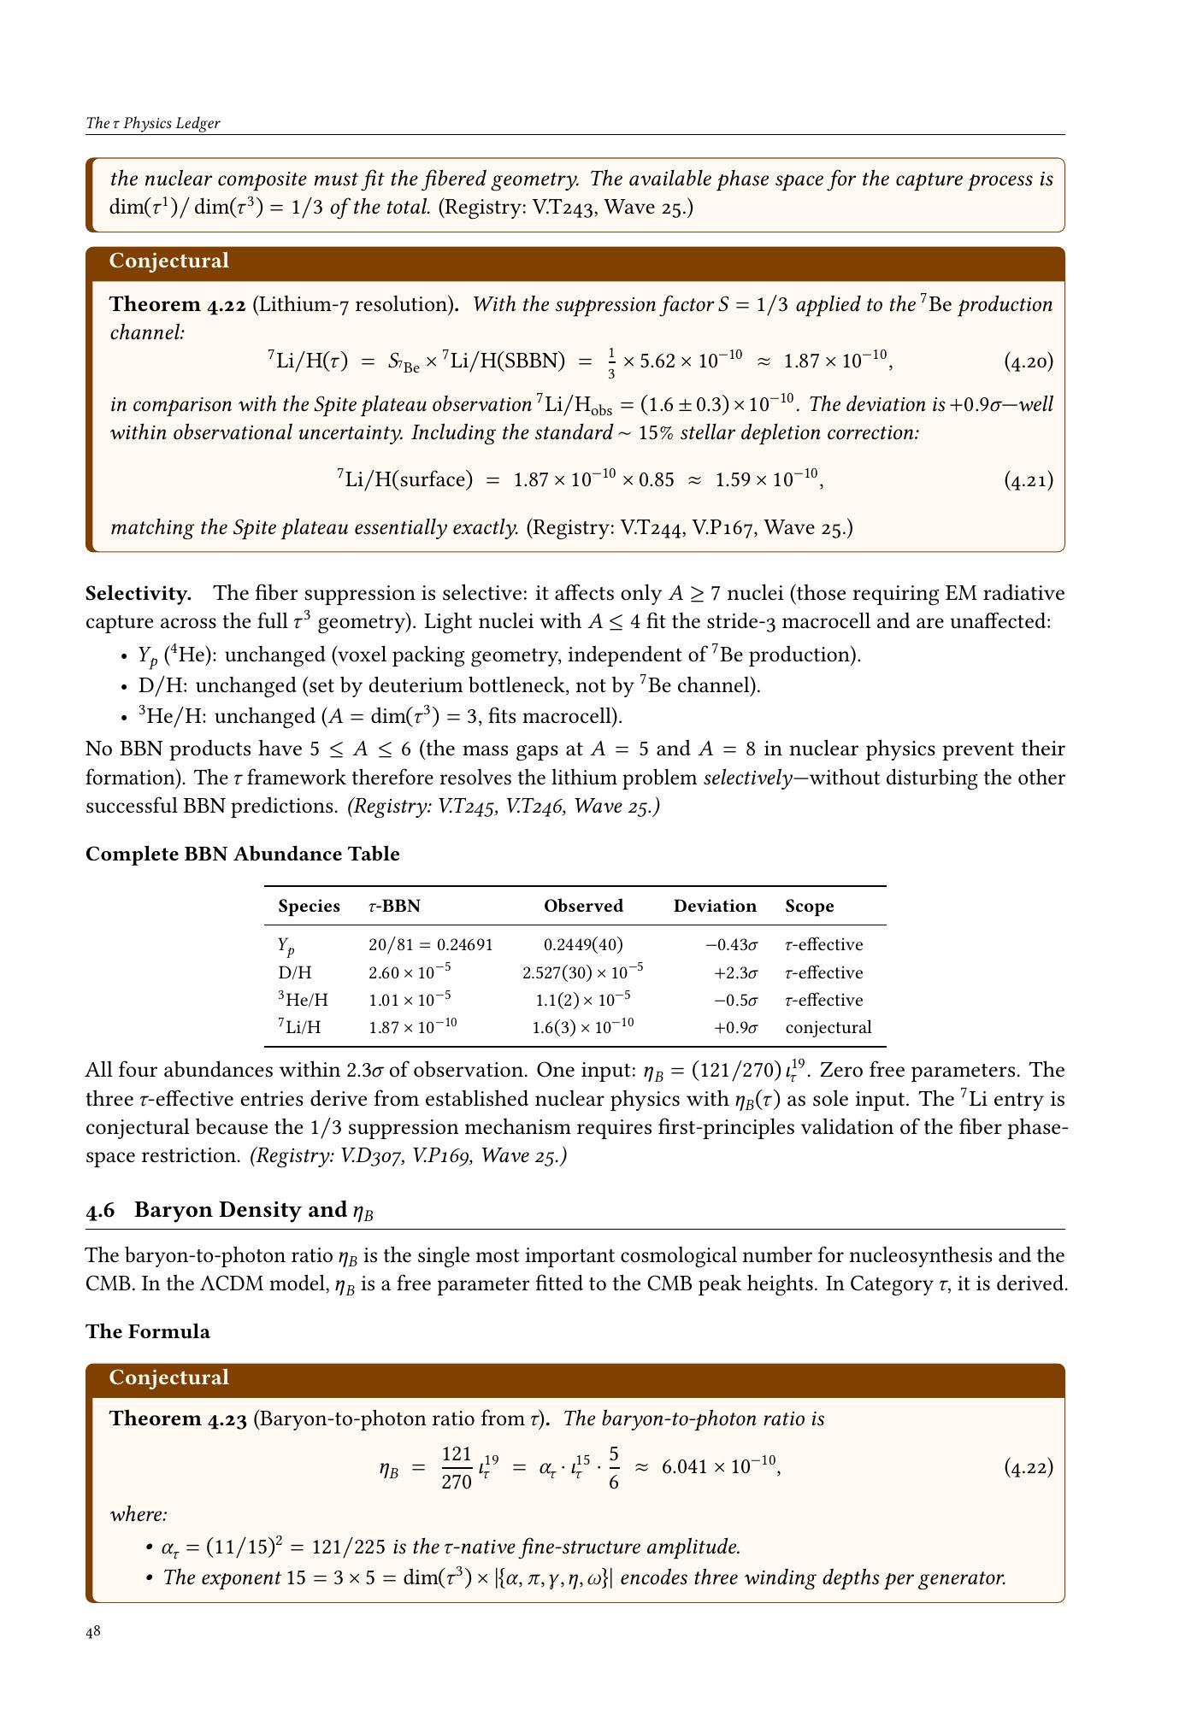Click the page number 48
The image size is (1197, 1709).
[93, 1632]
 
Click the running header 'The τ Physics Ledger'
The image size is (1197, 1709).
[153, 123]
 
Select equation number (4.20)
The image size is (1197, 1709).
[1028, 361]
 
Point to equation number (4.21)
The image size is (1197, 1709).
[1028, 479]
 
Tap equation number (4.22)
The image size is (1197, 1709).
[1028, 1467]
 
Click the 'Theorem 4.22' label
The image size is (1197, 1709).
[178, 305]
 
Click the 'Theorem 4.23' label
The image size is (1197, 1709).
[178, 1418]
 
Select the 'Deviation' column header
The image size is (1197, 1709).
[715, 906]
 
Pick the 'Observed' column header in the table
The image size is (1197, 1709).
[583, 906]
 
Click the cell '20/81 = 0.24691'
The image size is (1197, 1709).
[430, 944]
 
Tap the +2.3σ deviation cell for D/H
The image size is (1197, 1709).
[735, 972]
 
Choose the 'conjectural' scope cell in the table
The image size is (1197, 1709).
[828, 1027]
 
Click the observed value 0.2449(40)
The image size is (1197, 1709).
[583, 944]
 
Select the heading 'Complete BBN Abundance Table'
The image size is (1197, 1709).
[242, 854]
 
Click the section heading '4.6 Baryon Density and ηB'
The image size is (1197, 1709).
[230, 1210]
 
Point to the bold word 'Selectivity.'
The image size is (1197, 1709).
[138, 593]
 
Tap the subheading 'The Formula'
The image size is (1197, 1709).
[147, 1331]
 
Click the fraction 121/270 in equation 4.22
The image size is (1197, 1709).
[457, 1467]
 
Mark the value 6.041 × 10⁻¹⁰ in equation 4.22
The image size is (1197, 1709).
[720, 1466]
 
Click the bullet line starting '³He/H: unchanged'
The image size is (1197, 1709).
[380, 716]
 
